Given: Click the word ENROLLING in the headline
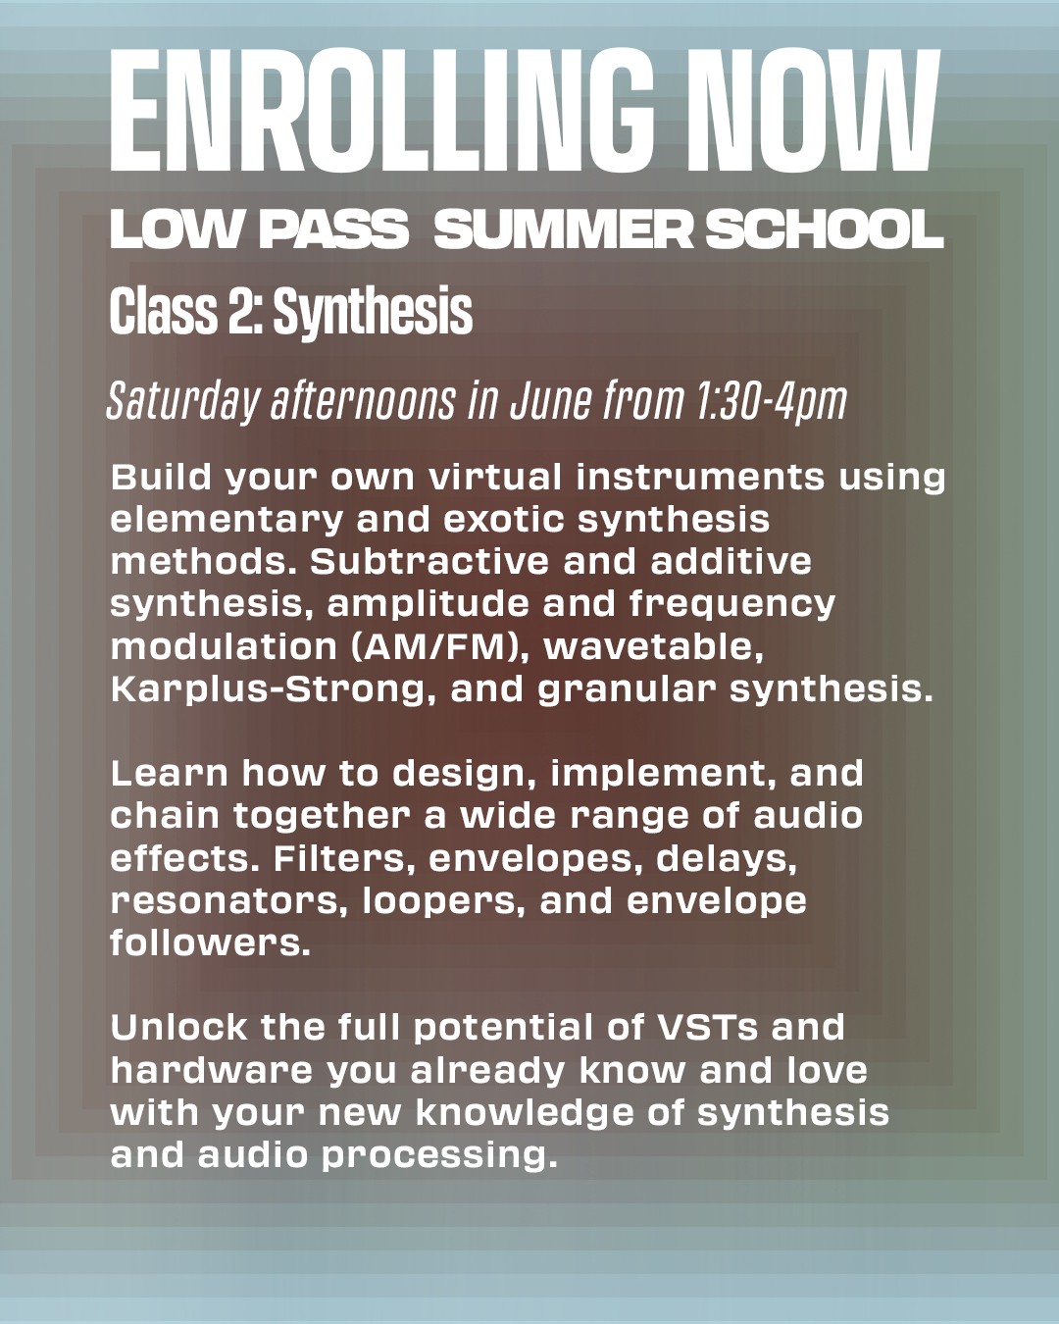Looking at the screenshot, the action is pos(381,110).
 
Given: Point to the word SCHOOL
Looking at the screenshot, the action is pos(825,229).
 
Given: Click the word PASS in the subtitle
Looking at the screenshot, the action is pos(333,229).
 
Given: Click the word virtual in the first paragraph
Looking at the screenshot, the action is pos(495,478).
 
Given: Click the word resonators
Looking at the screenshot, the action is pos(228,901).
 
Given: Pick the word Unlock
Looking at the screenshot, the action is pos(179,1028).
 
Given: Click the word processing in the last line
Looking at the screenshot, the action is pos(439,1154).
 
